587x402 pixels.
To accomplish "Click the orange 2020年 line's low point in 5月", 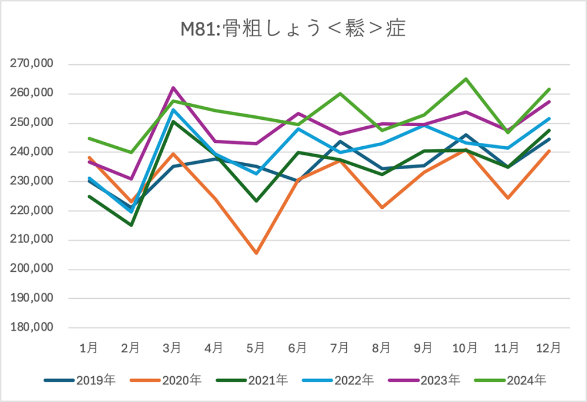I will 256,253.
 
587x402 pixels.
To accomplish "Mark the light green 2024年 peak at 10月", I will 465,79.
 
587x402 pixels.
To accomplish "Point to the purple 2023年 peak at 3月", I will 172,88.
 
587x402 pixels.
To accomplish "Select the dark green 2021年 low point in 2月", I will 130,225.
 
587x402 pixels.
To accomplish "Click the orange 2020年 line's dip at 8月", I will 382,208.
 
